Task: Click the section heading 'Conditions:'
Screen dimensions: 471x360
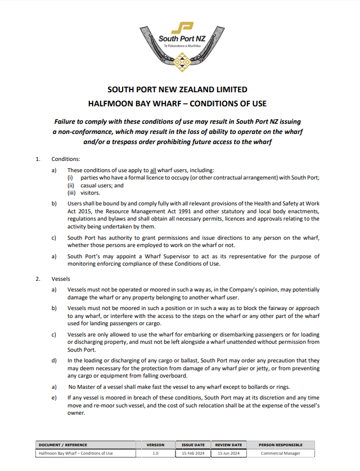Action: point(66,159)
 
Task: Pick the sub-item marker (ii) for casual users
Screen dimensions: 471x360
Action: point(71,185)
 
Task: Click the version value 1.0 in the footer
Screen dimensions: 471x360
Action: point(155,453)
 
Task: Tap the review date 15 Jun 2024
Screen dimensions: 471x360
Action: point(228,453)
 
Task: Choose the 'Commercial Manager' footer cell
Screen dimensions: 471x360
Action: point(280,453)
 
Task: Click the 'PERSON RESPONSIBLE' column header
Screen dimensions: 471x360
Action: point(280,445)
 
